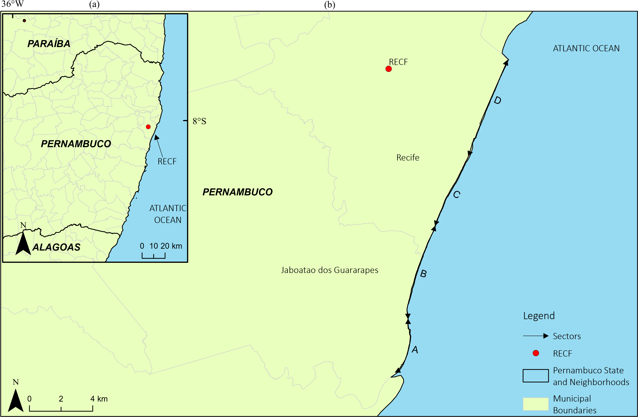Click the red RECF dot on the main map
point(388,69)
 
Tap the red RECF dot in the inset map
point(148,127)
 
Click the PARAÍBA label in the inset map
point(49,44)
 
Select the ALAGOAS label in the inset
point(56,247)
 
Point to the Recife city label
point(408,158)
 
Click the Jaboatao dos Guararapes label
point(330,270)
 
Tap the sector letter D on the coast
point(497,100)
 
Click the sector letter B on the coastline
point(423,274)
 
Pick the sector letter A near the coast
point(415,350)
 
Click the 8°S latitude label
point(199,121)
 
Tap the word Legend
point(539,316)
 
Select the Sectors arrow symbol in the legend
point(536,336)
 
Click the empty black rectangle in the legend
point(536,376)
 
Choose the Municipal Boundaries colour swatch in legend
point(536,404)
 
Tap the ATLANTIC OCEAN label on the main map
point(586,48)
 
